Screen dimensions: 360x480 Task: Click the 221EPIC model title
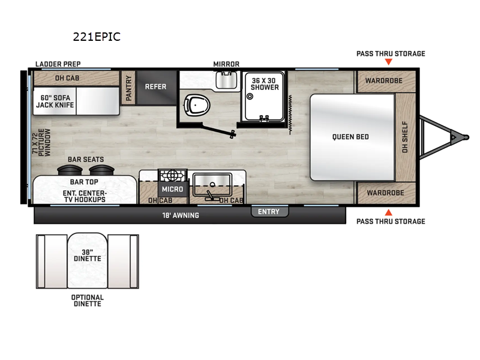97,37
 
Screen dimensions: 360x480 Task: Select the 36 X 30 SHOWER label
265,83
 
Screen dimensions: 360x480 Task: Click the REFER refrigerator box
155,86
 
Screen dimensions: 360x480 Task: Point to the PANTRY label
128,88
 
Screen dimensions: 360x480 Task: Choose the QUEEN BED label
350,137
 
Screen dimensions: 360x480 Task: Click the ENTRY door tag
269,211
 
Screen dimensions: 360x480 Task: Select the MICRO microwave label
171,189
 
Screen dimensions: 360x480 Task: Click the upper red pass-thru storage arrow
388,62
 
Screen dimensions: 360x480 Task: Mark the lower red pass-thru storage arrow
388,212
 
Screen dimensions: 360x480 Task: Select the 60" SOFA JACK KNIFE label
56,101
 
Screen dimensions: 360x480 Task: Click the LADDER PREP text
58,64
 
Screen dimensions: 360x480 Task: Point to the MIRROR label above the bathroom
226,64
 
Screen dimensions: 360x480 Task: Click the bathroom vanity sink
226,80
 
